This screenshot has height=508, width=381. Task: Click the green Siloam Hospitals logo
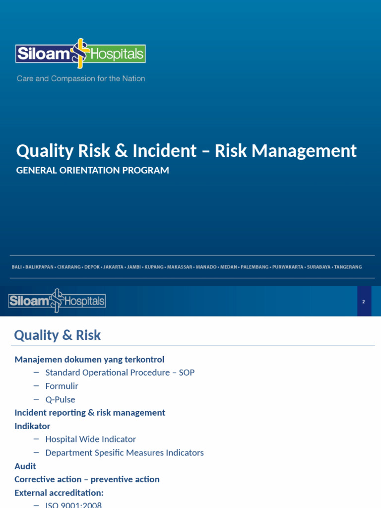(x=80, y=53)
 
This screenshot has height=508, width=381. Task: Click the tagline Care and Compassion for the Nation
(x=81, y=78)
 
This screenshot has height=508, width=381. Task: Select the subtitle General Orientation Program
(x=93, y=170)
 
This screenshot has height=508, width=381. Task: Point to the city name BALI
(x=16, y=267)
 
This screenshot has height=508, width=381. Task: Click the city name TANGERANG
(x=348, y=267)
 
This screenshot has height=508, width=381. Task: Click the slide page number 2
(x=364, y=302)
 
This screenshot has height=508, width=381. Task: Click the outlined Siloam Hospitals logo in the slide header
(x=57, y=301)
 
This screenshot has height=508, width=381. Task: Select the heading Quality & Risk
(x=57, y=335)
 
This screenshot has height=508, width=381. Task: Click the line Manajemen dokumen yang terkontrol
(x=89, y=359)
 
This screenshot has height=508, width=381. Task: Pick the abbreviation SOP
(x=187, y=373)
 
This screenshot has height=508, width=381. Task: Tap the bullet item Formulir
(x=62, y=386)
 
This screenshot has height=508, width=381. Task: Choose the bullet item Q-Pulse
(x=60, y=399)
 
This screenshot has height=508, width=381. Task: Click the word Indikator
(x=32, y=426)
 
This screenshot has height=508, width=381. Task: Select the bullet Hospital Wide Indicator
(x=90, y=439)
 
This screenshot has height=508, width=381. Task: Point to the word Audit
(x=25, y=466)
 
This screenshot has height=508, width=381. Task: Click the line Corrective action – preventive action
(x=87, y=479)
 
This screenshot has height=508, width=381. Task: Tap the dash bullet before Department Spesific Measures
(x=36, y=452)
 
